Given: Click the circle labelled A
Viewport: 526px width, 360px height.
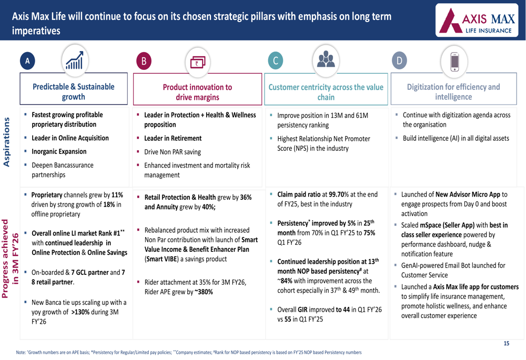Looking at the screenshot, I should pos(27,61).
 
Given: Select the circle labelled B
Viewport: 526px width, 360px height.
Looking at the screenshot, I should pos(143,61).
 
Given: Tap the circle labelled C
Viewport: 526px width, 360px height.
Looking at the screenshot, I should pos(275,61).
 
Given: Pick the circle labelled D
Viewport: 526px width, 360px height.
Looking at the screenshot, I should pos(399,61).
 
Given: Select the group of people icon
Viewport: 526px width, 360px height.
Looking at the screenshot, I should pos(326,59).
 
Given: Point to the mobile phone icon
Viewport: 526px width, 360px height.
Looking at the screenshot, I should pos(455,60).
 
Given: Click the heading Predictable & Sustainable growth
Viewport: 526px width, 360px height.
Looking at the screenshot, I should pos(74,91).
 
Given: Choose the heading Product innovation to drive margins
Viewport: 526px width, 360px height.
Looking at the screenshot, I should pos(197,92).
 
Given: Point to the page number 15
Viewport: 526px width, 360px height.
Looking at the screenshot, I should pos(507,343).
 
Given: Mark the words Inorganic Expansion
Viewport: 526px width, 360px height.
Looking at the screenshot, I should pos(59,151).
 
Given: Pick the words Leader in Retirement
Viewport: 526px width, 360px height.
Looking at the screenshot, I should pos(173,138).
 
